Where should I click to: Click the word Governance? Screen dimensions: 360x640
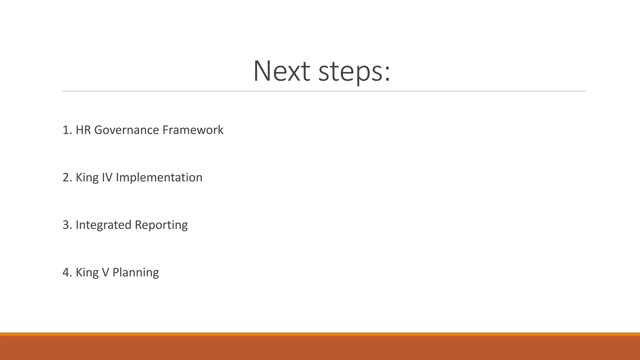(127, 130)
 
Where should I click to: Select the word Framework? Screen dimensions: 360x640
(193, 130)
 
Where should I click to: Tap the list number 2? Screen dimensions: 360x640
(66, 177)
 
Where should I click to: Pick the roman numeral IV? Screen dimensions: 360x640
(107, 177)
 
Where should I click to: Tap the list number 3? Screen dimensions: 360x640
(66, 225)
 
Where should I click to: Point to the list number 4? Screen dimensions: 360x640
(66, 272)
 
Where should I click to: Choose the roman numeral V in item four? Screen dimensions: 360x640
(106, 272)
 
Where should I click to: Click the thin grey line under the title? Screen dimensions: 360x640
(324, 91)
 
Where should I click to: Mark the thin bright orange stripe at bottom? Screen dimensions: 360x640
(320, 334)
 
